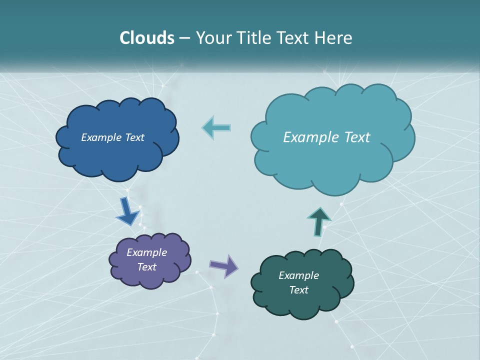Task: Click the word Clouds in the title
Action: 147,38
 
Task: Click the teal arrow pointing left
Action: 216,127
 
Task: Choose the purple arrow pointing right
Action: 224,265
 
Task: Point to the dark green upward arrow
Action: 318,221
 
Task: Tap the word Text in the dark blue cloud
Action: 134,137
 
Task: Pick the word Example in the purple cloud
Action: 146,252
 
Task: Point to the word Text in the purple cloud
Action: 147,267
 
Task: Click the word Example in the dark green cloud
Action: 298,275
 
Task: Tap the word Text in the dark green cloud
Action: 298,290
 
